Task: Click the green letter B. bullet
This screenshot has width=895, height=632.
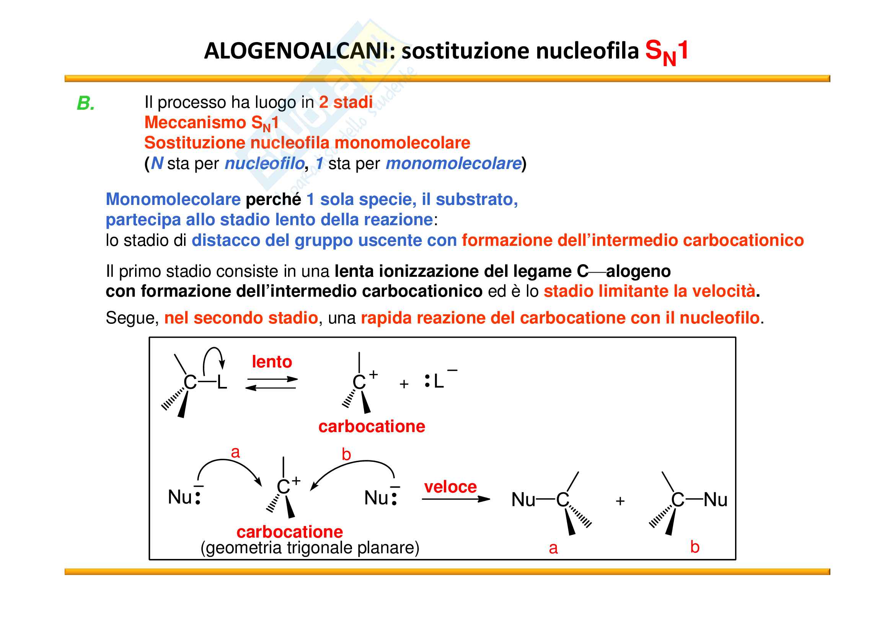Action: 86,104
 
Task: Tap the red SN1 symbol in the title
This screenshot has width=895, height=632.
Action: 666,52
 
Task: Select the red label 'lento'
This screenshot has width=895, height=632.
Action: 272,362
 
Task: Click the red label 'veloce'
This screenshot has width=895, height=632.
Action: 450,487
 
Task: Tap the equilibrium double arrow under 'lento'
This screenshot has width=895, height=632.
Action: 272,383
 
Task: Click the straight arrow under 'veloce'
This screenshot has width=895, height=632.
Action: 455,499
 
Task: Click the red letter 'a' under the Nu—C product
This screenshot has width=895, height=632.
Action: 553,548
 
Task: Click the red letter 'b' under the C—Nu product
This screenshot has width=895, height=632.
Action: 694,547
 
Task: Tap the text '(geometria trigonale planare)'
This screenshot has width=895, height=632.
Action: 310,548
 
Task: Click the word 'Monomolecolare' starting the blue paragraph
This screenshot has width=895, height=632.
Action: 173,199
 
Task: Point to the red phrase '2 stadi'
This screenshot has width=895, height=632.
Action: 346,102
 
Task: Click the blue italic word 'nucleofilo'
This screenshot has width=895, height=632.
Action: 264,164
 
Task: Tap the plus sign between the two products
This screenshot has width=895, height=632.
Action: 620,501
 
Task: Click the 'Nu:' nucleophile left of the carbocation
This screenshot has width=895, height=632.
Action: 184,497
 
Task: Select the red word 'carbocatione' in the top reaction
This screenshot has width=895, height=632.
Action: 372,426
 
